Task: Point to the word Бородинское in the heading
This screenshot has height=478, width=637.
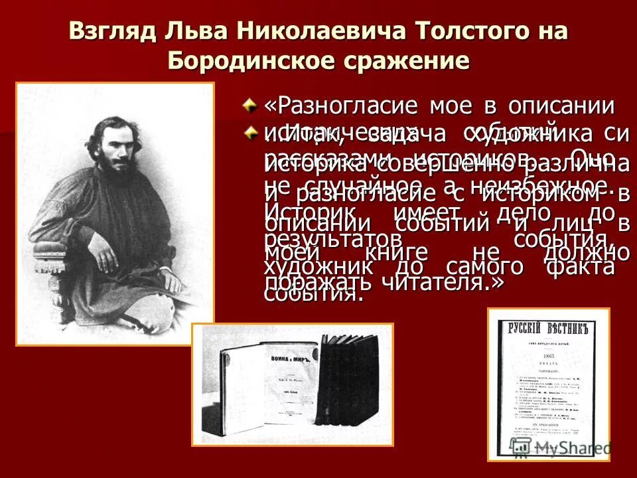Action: (253, 61)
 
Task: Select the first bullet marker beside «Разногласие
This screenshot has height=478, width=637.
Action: (249, 104)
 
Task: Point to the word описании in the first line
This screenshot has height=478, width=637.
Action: (561, 106)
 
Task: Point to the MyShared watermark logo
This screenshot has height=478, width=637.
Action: (567, 448)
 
